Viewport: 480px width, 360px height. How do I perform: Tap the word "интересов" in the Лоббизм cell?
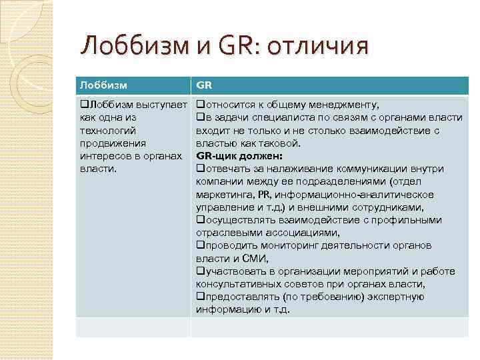pyautogui.click(x=103, y=156)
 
